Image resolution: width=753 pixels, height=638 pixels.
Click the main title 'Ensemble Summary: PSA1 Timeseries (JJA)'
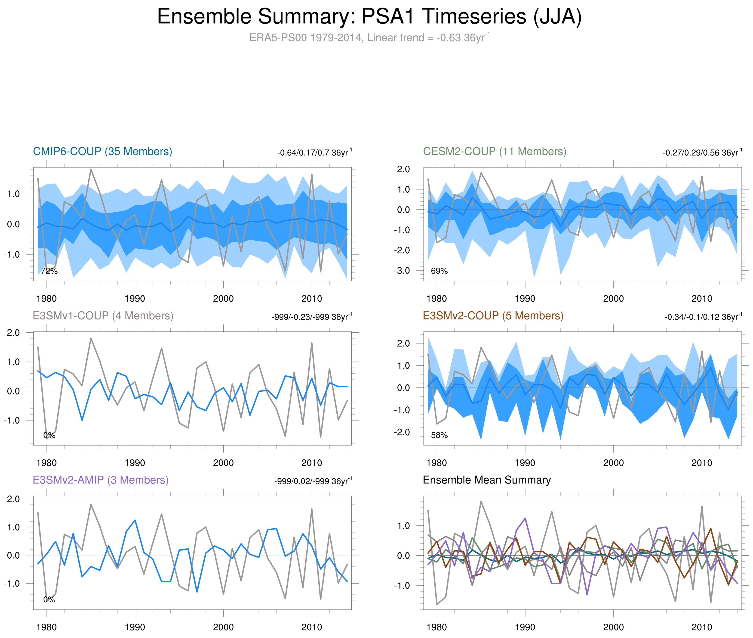(369, 17)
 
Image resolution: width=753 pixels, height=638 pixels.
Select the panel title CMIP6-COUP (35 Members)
(102, 152)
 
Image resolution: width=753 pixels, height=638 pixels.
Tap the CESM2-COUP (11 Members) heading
(495, 152)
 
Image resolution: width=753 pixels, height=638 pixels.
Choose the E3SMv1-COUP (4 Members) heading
(103, 316)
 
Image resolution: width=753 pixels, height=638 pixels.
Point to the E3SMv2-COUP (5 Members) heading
(493, 316)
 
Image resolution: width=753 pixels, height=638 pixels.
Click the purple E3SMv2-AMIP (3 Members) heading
(101, 480)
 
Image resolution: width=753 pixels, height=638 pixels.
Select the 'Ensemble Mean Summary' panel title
(487, 480)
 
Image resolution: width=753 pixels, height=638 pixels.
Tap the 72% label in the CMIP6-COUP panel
(49, 271)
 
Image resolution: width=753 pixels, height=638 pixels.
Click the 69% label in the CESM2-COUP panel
(439, 271)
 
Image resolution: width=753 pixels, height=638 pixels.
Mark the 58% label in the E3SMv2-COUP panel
(439, 435)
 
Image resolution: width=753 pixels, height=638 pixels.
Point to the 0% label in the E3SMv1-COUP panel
(49, 435)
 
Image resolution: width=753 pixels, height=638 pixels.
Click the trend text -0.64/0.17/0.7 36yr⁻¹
(314, 152)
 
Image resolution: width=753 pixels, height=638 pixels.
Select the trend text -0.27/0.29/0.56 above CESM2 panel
(702, 152)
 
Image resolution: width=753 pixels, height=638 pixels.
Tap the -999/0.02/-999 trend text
(313, 481)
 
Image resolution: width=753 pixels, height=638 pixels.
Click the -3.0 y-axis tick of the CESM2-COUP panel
(402, 270)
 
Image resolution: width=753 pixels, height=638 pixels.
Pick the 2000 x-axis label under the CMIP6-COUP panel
(223, 299)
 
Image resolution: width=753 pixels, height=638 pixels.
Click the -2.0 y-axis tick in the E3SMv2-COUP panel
(402, 432)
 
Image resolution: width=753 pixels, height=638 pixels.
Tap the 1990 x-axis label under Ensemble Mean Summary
(525, 627)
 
